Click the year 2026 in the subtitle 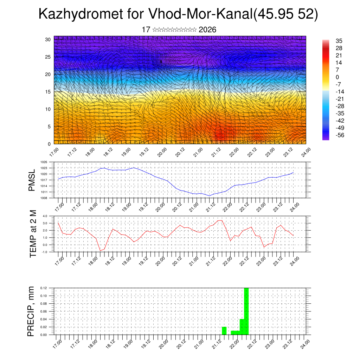click(207, 30)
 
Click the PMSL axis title click(32, 180)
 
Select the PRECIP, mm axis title click(31, 311)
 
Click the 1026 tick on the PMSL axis click(44, 162)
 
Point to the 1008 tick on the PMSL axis click(44, 198)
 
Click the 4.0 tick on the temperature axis click(45, 216)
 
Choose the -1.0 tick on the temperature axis click(44, 252)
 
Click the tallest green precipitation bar click(246, 311)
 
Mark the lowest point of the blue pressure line click(209, 196)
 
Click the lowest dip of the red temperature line click(100, 251)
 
